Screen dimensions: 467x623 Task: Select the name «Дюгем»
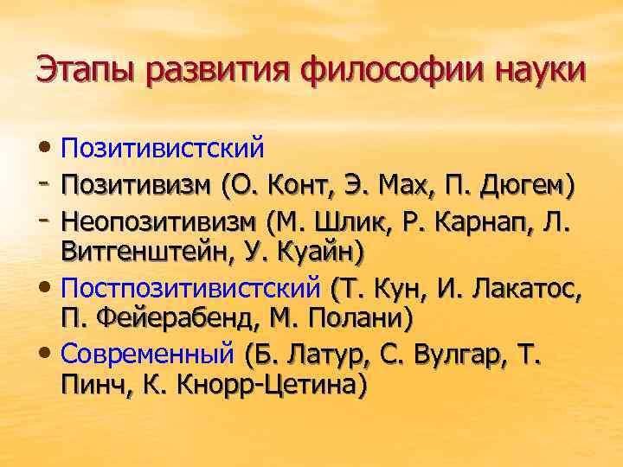point(523,185)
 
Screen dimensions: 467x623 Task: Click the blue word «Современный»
point(148,354)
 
